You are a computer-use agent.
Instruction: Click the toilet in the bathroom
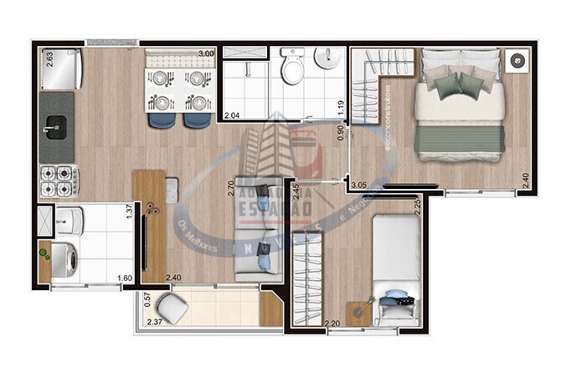tap(292, 68)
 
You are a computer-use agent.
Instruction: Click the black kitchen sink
tap(56, 128)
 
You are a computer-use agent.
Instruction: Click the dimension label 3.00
tap(206, 54)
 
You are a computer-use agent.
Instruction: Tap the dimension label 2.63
tap(49, 59)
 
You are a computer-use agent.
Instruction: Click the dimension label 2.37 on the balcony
tap(155, 321)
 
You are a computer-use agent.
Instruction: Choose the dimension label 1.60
tap(124, 278)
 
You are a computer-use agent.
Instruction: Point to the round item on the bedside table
tap(517, 60)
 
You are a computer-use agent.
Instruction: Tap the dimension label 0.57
tap(147, 297)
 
